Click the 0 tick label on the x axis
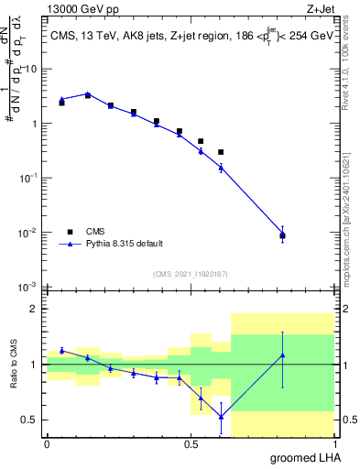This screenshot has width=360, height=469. [x=47, y=444]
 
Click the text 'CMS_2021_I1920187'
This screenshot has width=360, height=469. [x=190, y=274]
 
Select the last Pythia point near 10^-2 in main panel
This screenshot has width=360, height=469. [x=283, y=235]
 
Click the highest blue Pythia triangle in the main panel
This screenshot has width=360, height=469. [x=88, y=93]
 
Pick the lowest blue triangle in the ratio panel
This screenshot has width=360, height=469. [x=221, y=417]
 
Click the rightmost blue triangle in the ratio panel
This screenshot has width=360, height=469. [x=283, y=354]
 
